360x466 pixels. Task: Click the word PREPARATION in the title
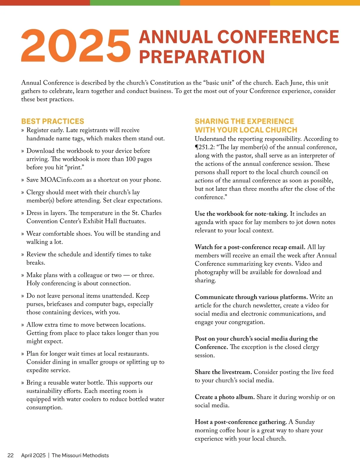[202, 57]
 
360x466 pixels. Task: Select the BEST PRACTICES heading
[52, 121]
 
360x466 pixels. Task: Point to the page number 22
[10, 455]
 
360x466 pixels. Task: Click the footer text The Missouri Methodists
[80, 455]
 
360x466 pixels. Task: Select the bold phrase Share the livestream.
[223, 372]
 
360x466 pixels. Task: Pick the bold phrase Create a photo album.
[225, 397]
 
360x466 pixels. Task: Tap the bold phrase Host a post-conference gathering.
[241, 422]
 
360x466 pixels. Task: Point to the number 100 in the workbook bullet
[131, 159]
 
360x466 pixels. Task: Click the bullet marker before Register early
[22, 131]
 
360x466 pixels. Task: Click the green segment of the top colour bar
[135, 2]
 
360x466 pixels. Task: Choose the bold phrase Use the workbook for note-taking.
[241, 214]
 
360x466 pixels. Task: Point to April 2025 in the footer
[33, 455]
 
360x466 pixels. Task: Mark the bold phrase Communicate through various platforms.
[251, 297]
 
